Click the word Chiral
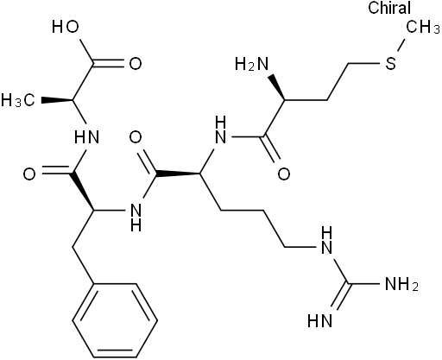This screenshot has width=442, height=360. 389,8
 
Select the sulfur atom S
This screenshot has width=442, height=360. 390,63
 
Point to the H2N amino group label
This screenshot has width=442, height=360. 251,64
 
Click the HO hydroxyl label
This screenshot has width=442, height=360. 66,27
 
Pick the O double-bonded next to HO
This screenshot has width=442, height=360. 136,64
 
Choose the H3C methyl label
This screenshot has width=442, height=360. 18,100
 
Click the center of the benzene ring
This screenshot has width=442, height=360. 115,320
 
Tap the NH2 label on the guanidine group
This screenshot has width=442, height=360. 401,284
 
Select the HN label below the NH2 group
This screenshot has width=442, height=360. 320,320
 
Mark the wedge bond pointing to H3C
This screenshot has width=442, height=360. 57,100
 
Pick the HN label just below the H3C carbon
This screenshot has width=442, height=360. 86,137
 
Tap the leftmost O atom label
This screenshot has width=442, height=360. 29,174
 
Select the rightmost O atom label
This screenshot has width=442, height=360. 284,174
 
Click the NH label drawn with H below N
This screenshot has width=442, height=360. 136,217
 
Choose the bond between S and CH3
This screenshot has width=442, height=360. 402,45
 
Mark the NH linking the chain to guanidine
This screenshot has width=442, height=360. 326,241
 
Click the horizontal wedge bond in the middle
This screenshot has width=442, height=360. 178,174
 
